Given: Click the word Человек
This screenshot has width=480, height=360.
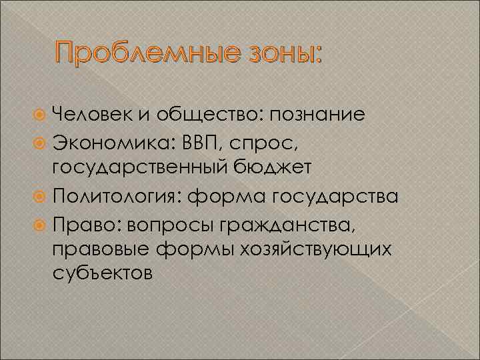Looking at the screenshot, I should (89, 115).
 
